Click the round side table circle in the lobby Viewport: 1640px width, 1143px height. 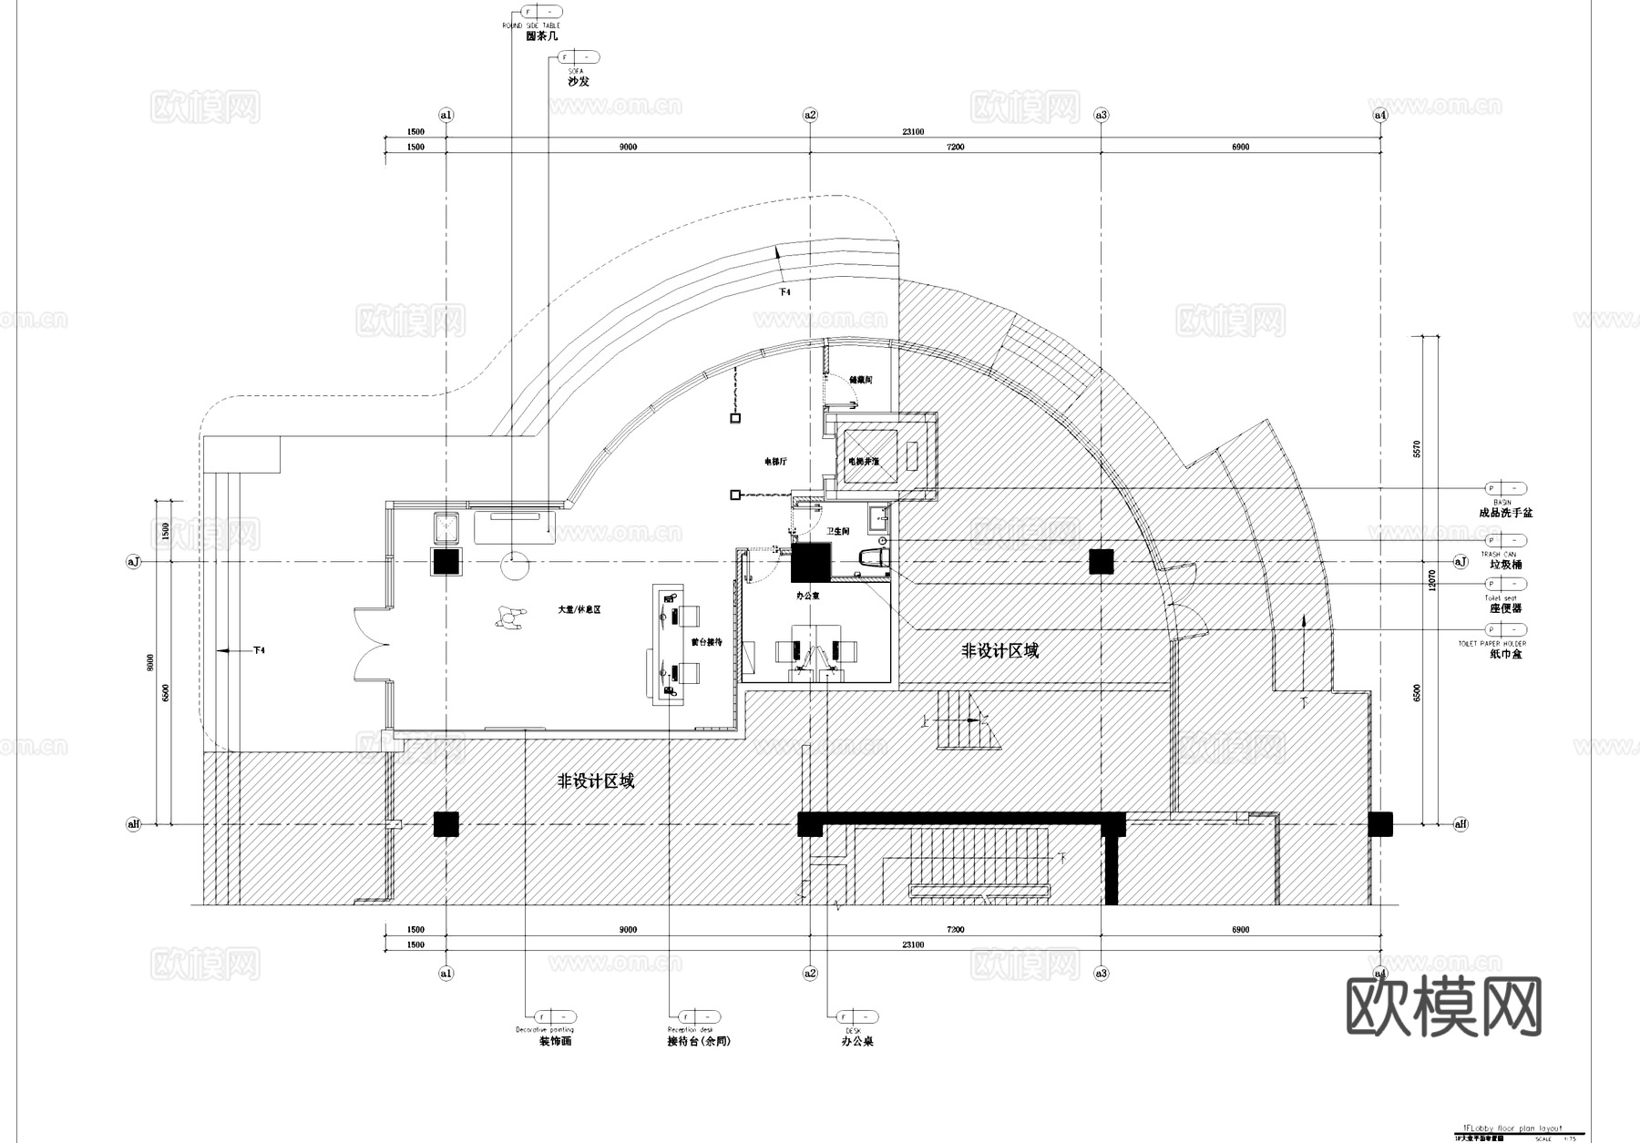pos(514,568)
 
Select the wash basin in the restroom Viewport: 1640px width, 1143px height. pos(878,519)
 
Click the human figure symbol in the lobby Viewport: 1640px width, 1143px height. pos(509,619)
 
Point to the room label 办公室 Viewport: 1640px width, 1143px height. pos(807,596)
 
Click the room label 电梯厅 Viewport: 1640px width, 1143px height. pos(775,462)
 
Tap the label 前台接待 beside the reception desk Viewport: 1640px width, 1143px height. pos(706,642)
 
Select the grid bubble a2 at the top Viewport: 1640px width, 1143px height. pos(810,115)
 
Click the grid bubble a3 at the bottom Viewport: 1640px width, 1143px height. pos(1102,974)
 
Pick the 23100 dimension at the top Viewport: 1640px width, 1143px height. pos(913,132)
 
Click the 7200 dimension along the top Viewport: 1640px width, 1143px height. pos(955,147)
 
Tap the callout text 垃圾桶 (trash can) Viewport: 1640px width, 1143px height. pos(1505,565)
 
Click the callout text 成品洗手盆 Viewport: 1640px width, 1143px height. pos(1505,513)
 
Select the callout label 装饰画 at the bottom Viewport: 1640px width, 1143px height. pos(555,1041)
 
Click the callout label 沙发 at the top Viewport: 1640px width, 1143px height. pos(579,81)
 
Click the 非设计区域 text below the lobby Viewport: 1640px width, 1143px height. pos(596,781)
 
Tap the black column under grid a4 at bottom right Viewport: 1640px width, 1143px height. pos(1380,824)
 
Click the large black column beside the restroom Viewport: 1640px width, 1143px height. pos(812,562)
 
